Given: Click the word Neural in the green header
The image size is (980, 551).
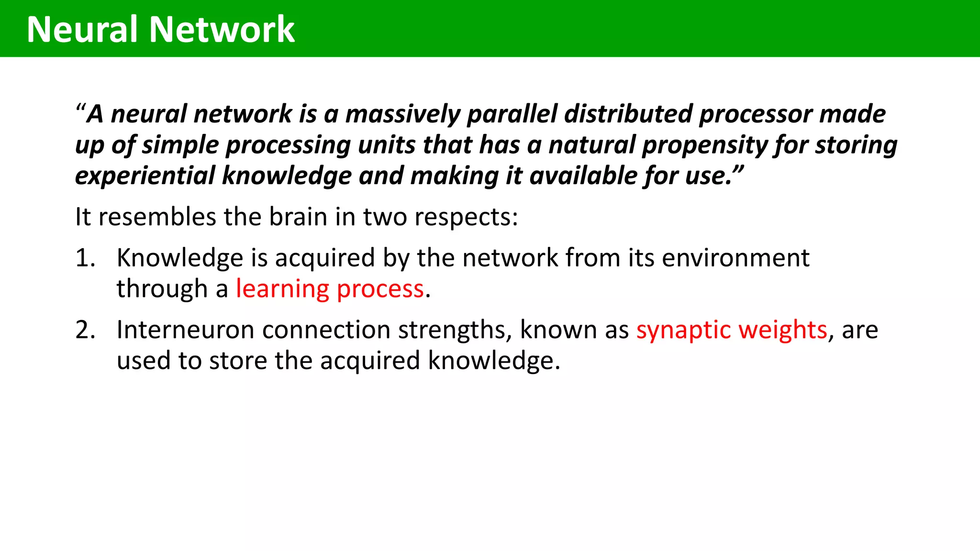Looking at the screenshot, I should [x=82, y=30].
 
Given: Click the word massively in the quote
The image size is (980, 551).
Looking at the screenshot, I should [x=403, y=114].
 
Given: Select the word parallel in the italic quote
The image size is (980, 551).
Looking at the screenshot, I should [x=512, y=114].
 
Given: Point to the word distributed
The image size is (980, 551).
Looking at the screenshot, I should [x=628, y=114].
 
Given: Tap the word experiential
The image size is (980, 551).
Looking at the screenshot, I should [x=145, y=176].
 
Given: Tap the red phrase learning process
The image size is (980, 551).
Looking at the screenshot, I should [x=330, y=289].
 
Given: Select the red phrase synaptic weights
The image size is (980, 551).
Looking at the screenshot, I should [x=732, y=330].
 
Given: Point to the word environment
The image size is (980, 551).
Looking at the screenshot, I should [x=735, y=258].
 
